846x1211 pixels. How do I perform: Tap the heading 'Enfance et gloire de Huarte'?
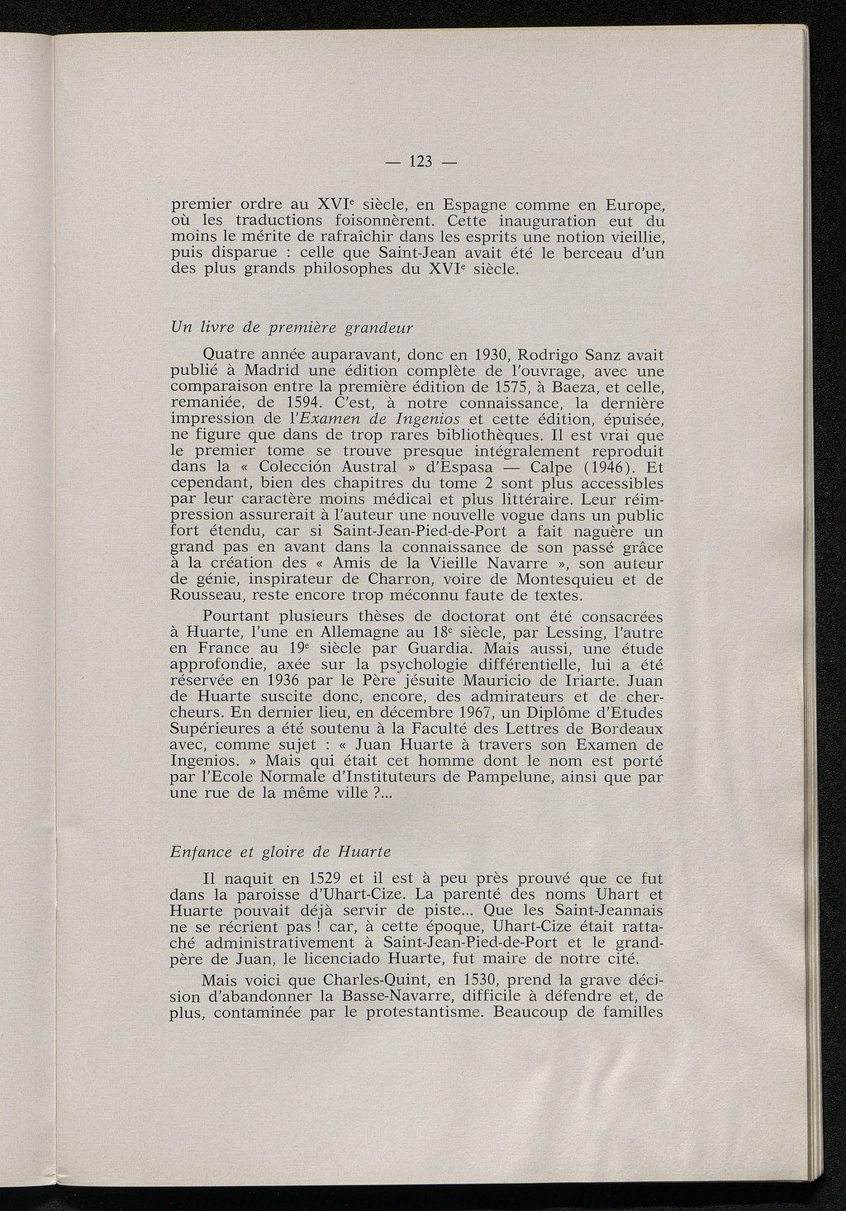pos(280,852)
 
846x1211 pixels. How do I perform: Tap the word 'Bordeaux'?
pos(623,729)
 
